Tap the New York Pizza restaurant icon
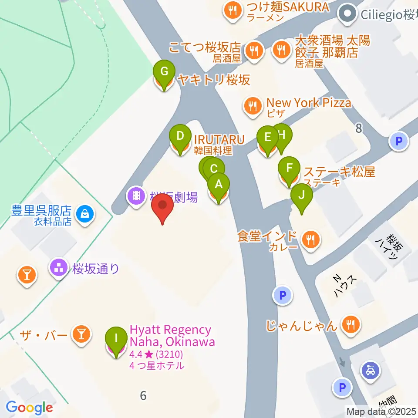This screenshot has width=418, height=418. [x=252, y=104]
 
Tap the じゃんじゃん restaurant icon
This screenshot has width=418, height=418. [x=350, y=324]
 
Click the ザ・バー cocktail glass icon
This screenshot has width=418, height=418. [x=81, y=334]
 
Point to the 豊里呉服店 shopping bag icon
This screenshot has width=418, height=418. [x=83, y=213]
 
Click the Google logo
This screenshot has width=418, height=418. [x=29, y=408]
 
